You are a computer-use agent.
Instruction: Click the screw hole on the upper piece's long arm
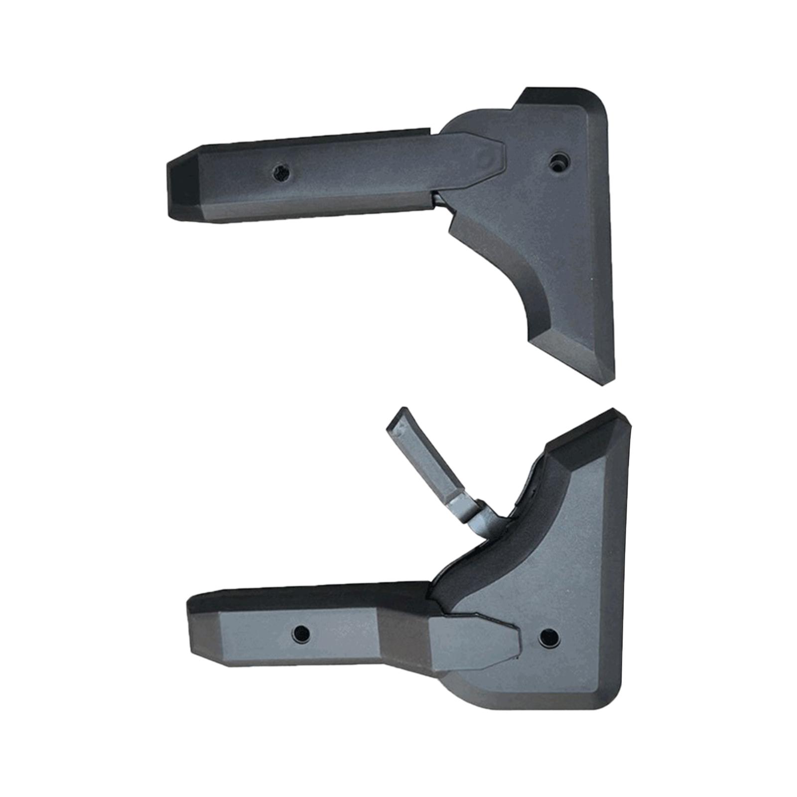point(280,173)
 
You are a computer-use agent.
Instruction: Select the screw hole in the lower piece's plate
point(548,635)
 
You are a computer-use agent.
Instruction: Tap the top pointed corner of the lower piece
point(615,413)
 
